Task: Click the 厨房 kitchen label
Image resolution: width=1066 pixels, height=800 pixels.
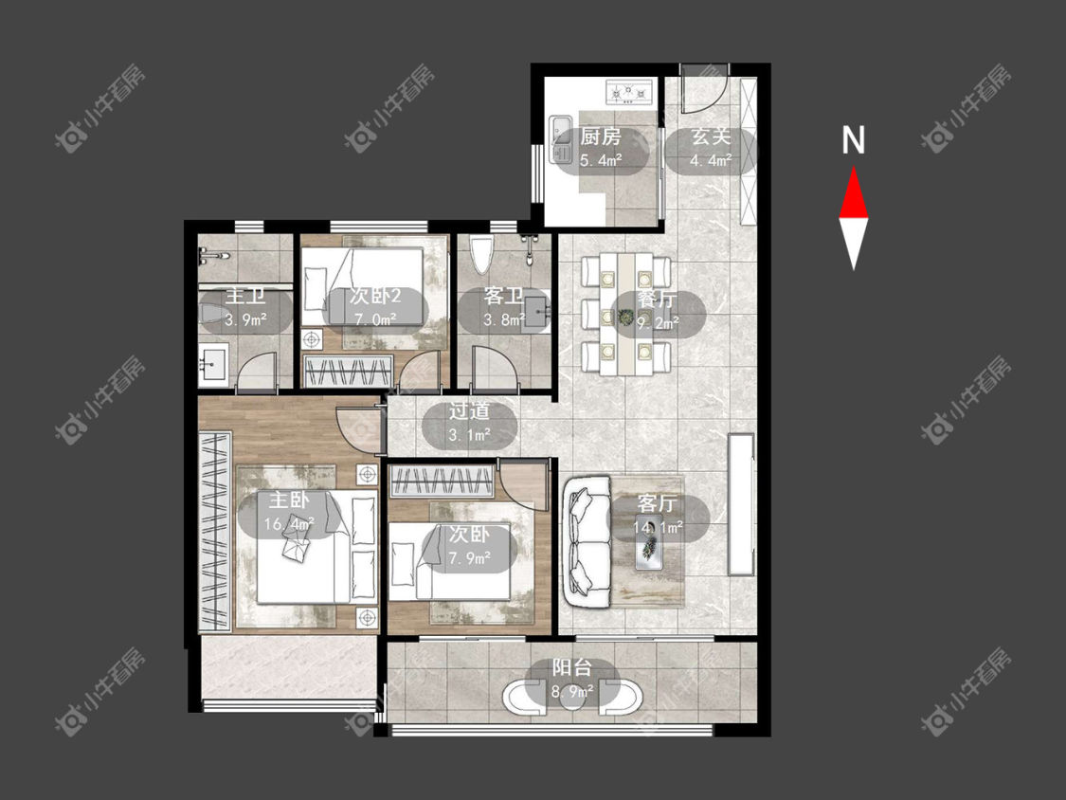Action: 601,136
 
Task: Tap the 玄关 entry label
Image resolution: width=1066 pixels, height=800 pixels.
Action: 711,136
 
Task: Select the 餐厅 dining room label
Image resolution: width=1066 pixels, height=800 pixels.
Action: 657,300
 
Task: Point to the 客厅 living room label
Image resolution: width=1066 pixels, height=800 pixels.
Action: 657,503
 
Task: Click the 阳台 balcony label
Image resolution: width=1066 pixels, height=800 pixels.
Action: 571,667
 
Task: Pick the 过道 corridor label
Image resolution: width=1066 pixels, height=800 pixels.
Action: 469,410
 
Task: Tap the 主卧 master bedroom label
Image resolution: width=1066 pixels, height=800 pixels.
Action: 289,500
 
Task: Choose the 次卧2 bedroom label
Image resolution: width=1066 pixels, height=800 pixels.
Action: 375,296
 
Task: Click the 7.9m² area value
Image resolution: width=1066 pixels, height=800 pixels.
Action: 470,558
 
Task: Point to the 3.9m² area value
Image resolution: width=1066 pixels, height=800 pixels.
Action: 245,319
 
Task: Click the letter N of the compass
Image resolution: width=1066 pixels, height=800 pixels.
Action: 853,140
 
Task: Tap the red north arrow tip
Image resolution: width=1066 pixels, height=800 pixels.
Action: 853,168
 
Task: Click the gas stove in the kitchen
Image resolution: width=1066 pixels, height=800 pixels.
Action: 628,92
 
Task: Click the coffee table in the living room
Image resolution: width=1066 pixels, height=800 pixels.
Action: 649,542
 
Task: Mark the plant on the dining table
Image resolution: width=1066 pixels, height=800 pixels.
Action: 624,317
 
